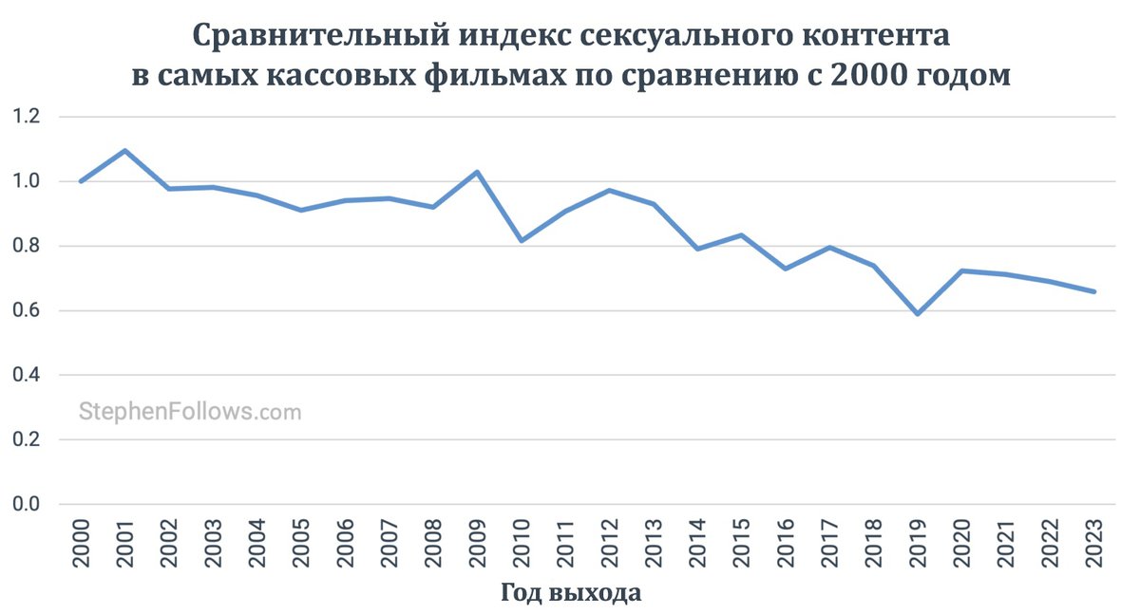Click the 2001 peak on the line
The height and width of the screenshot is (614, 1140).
pos(125,151)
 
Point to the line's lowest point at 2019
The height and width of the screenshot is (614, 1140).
pos(918,313)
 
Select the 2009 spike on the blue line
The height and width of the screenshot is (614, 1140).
pos(477,172)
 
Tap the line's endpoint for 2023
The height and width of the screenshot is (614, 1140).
pos(1094,291)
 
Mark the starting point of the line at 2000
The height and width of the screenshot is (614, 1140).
pos(82,181)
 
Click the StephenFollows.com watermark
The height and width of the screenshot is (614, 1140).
pos(189,412)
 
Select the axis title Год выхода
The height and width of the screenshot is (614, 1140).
pos(570,594)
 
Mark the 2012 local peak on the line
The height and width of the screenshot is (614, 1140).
pos(609,190)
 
